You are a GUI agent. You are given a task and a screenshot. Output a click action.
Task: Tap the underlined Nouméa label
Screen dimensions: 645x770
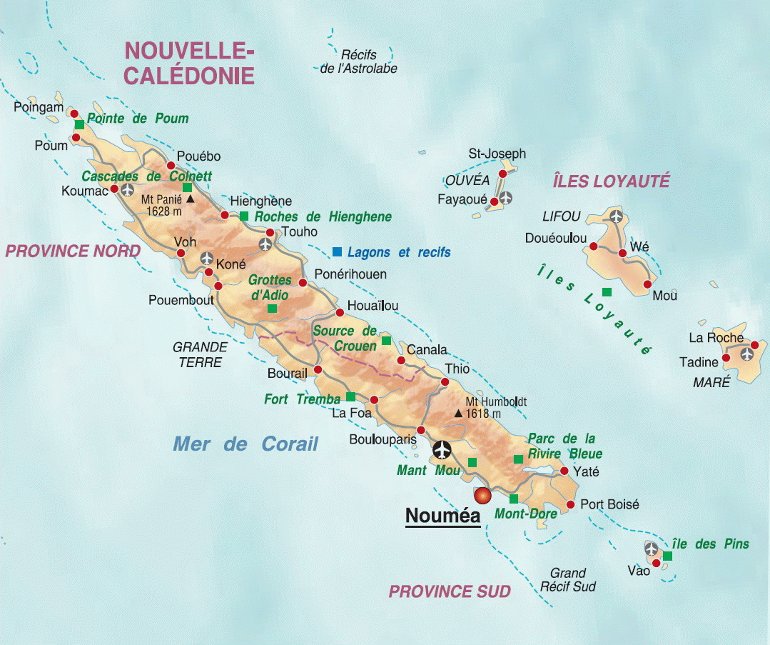(443, 516)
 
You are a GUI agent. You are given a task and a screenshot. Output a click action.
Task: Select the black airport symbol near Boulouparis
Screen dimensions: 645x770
(442, 450)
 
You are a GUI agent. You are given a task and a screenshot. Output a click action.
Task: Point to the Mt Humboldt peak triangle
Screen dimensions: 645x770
(458, 413)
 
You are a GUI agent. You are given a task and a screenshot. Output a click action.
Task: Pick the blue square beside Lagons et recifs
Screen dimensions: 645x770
(337, 251)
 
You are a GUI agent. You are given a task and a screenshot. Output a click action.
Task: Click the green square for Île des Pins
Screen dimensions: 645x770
(667, 555)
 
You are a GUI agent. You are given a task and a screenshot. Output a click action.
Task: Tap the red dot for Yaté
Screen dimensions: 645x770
(564, 471)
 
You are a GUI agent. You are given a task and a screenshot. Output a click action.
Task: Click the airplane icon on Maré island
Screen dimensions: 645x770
(747, 353)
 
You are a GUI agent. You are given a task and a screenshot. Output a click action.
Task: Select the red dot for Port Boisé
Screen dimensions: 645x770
(569, 505)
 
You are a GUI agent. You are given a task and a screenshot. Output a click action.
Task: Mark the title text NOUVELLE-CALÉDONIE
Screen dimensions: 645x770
(189, 63)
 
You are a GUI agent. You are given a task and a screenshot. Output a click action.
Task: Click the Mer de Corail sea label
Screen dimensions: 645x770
(245, 444)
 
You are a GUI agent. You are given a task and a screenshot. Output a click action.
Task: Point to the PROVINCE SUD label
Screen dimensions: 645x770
(450, 591)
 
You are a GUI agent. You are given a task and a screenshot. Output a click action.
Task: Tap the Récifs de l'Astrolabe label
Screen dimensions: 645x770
(358, 61)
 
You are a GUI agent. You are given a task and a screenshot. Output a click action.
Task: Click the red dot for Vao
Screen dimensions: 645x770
(657, 563)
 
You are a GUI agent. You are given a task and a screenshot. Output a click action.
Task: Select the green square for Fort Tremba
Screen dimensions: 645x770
(350, 396)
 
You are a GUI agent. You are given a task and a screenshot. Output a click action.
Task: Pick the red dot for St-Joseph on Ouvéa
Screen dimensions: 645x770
(503, 174)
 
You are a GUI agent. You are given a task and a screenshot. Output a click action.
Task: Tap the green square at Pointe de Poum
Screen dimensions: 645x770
(79, 124)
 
